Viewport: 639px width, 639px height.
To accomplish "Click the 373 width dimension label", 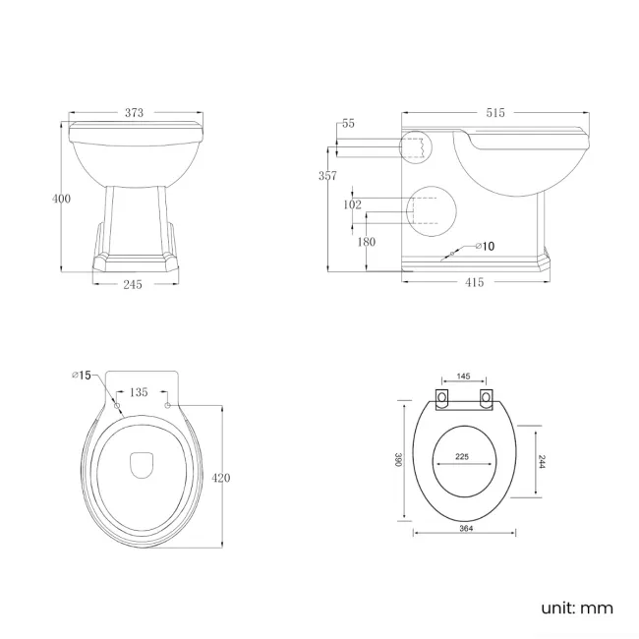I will pos(135,113).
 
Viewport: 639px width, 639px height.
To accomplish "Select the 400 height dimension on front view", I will pos(61,199).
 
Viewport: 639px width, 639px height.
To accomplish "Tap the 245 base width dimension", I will pos(134,284).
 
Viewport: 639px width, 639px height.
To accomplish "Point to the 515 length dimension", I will pos(494,113).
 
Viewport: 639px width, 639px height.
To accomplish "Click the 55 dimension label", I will pos(348,125).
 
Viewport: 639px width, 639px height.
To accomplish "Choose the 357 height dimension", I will pos(327,176).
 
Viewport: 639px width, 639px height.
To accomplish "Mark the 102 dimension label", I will pos(352,204).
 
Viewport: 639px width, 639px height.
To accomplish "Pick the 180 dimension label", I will pos(367,242).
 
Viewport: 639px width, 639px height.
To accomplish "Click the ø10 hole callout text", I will pos(484,246).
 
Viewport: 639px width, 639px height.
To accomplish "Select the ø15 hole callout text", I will pos(81,375).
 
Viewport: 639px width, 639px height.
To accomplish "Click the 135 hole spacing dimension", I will pos(140,392).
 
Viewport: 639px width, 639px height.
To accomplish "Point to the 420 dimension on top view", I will pos(221,478).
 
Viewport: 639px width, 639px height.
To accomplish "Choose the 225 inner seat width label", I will pos(461,455).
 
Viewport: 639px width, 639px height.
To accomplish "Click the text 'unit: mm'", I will pos(576,608).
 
